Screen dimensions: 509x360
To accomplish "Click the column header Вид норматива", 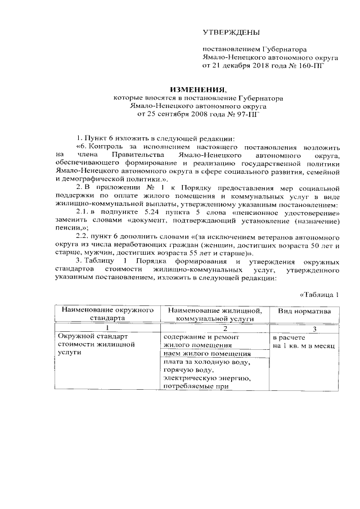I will tap(304, 311).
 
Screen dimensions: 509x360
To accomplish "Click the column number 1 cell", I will tap(107, 328).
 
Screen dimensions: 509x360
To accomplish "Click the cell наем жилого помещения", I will tap(207, 354).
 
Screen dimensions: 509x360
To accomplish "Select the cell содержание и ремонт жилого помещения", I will tap(198, 341).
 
